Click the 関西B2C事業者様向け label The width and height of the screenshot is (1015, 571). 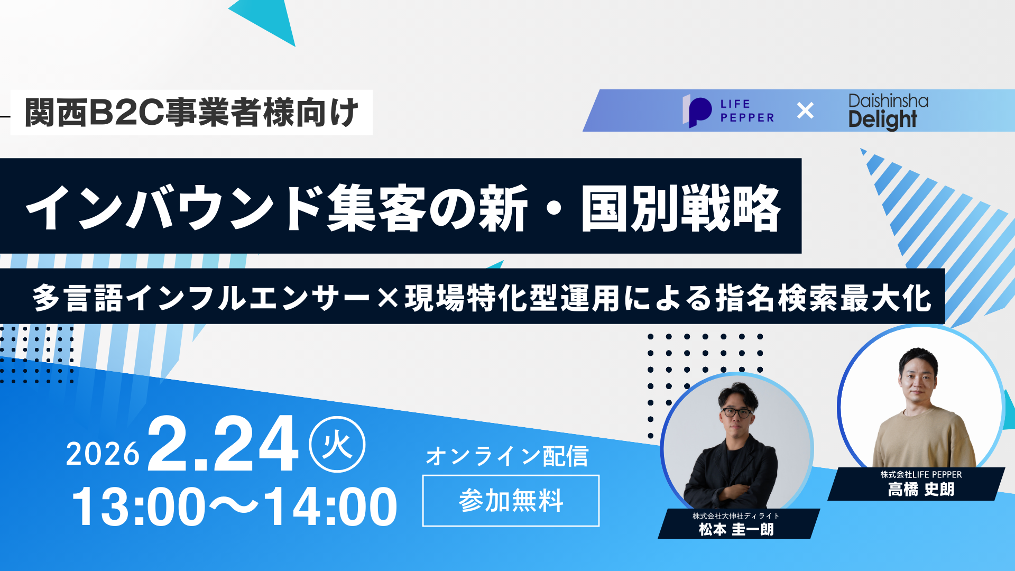(x=191, y=113)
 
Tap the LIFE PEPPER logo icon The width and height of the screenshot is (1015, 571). (x=697, y=111)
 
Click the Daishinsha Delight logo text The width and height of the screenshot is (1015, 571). (x=888, y=112)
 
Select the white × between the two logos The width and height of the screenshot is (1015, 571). (x=805, y=110)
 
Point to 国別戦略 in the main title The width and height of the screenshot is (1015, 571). (x=681, y=207)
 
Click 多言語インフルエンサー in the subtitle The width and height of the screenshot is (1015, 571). (x=201, y=298)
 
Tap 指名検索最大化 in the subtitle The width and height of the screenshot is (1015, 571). (x=823, y=298)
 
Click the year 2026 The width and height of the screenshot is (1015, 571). (x=103, y=454)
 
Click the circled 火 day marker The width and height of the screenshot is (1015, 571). (x=337, y=445)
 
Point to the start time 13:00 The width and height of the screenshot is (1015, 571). (x=139, y=506)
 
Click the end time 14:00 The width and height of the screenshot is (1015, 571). (x=330, y=506)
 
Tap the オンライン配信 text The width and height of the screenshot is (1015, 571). (x=507, y=456)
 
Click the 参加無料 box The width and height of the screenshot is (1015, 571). (x=511, y=501)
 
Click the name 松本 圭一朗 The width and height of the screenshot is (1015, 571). (x=736, y=529)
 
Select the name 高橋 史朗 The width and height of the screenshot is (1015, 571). (x=921, y=489)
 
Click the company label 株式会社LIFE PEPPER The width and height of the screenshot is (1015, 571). (x=921, y=475)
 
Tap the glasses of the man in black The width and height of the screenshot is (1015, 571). (x=737, y=412)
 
